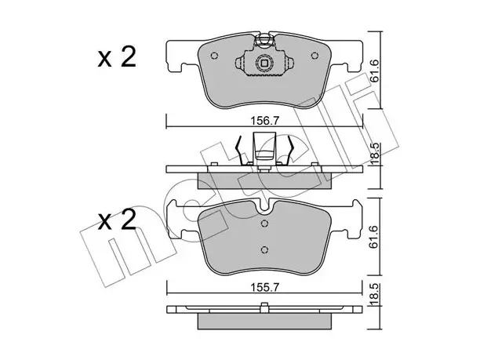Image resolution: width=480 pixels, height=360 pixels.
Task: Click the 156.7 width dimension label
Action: click(x=264, y=121)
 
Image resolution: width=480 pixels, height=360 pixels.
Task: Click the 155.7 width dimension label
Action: click(x=264, y=287)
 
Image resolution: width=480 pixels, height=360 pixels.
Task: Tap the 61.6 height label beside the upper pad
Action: click(x=375, y=71)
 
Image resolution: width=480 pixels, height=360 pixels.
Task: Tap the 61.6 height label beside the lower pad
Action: click(x=375, y=237)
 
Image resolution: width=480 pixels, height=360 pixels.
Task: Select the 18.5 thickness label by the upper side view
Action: click(x=375, y=154)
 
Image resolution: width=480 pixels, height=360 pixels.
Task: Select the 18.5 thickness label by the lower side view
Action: click(x=375, y=294)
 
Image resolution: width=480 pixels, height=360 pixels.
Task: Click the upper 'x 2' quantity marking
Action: click(x=117, y=57)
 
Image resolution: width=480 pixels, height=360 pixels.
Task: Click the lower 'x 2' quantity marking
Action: click(x=117, y=220)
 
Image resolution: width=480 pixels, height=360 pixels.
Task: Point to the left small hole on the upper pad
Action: click(x=215, y=56)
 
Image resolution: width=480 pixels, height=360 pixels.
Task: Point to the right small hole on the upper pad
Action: click(x=315, y=56)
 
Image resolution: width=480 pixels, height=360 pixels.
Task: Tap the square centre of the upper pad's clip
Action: click(x=264, y=63)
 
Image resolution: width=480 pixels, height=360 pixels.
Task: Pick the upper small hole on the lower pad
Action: click(x=265, y=224)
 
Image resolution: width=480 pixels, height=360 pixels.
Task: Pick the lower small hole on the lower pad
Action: click(x=265, y=249)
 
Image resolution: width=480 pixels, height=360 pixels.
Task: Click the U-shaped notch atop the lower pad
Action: click(x=264, y=207)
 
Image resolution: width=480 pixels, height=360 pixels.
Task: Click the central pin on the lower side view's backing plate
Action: click(x=264, y=307)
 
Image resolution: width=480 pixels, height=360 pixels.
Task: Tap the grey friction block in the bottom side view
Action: click(x=264, y=321)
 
